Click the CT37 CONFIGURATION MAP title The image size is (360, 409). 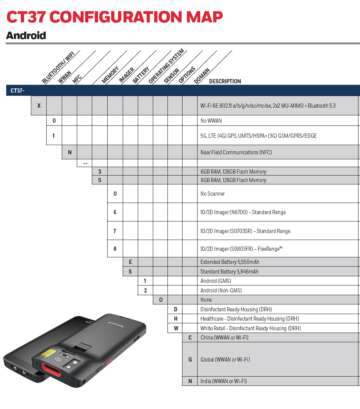tap(114, 17)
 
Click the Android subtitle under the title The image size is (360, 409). tap(26, 35)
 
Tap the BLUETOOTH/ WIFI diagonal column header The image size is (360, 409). tap(58, 67)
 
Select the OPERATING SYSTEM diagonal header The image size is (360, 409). tap(166, 66)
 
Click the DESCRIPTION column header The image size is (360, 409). tap(225, 81)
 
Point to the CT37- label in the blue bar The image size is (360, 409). tap(17, 91)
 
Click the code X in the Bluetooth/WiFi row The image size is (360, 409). tap(39, 105)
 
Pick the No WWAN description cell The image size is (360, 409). tap(211, 121)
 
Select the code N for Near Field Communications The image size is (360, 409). tap(69, 152)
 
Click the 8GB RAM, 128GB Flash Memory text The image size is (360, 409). tap(233, 180)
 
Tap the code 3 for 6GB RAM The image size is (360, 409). tap(100, 171)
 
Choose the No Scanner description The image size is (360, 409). tap(212, 194)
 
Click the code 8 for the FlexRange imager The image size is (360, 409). tap(115, 249)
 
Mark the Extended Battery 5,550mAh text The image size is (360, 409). tap(230, 262)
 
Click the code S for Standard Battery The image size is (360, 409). tap(130, 272)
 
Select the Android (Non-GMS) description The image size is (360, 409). tap(221, 291)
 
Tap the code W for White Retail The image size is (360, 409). tap(176, 328)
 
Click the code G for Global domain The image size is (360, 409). tap(190, 360)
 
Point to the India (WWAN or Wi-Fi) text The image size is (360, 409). tap(223, 381)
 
